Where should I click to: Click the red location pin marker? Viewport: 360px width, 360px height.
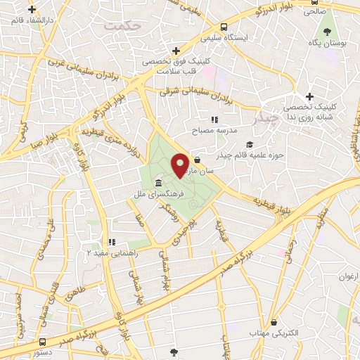181,165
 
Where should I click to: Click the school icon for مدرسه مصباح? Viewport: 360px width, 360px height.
214,120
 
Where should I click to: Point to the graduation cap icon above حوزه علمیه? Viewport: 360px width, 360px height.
251,145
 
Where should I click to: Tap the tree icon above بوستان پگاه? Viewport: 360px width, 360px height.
327,32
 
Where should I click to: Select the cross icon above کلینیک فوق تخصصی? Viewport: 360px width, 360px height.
175,51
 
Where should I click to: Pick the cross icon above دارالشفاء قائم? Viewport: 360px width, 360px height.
32,10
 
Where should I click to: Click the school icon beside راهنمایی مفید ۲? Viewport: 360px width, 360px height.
110,241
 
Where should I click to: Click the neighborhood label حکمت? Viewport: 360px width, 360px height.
121,25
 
